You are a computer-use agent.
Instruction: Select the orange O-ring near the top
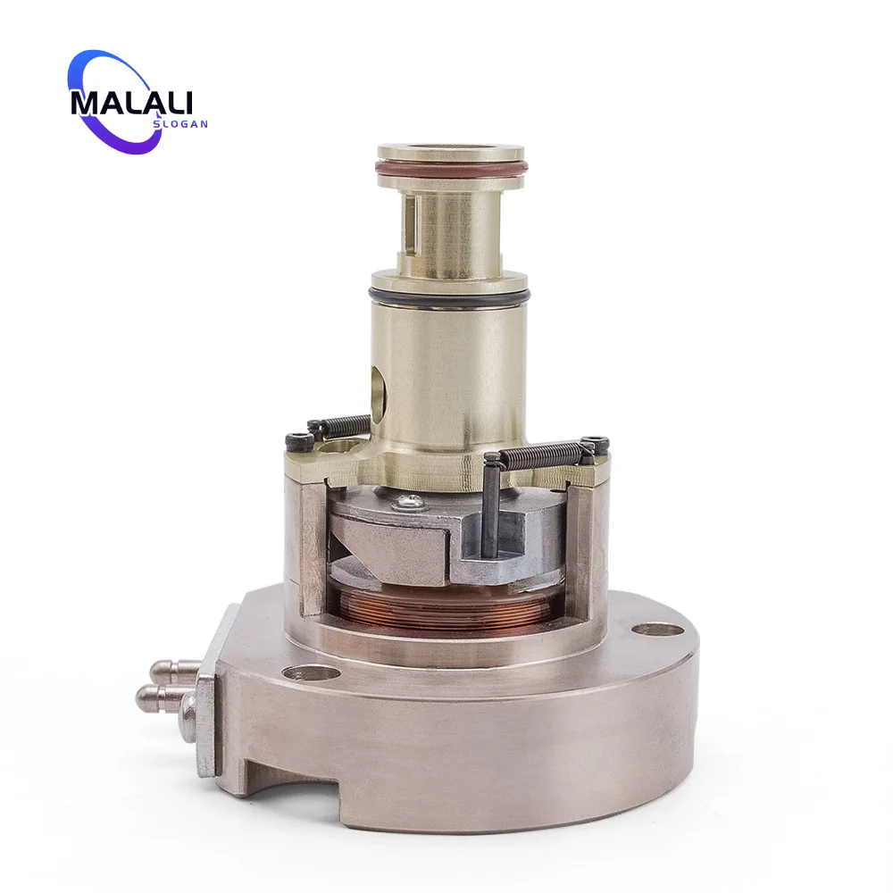pyautogui.click(x=451, y=169)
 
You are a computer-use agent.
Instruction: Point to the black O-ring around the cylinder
pyautogui.click(x=449, y=295)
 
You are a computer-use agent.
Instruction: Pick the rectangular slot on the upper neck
pyautogui.click(x=410, y=221)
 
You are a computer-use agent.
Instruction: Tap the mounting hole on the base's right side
pyautogui.click(x=657, y=630)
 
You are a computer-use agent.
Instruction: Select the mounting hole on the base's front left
pyautogui.click(x=311, y=672)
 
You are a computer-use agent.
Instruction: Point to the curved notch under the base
pyautogui.click(x=295, y=786)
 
